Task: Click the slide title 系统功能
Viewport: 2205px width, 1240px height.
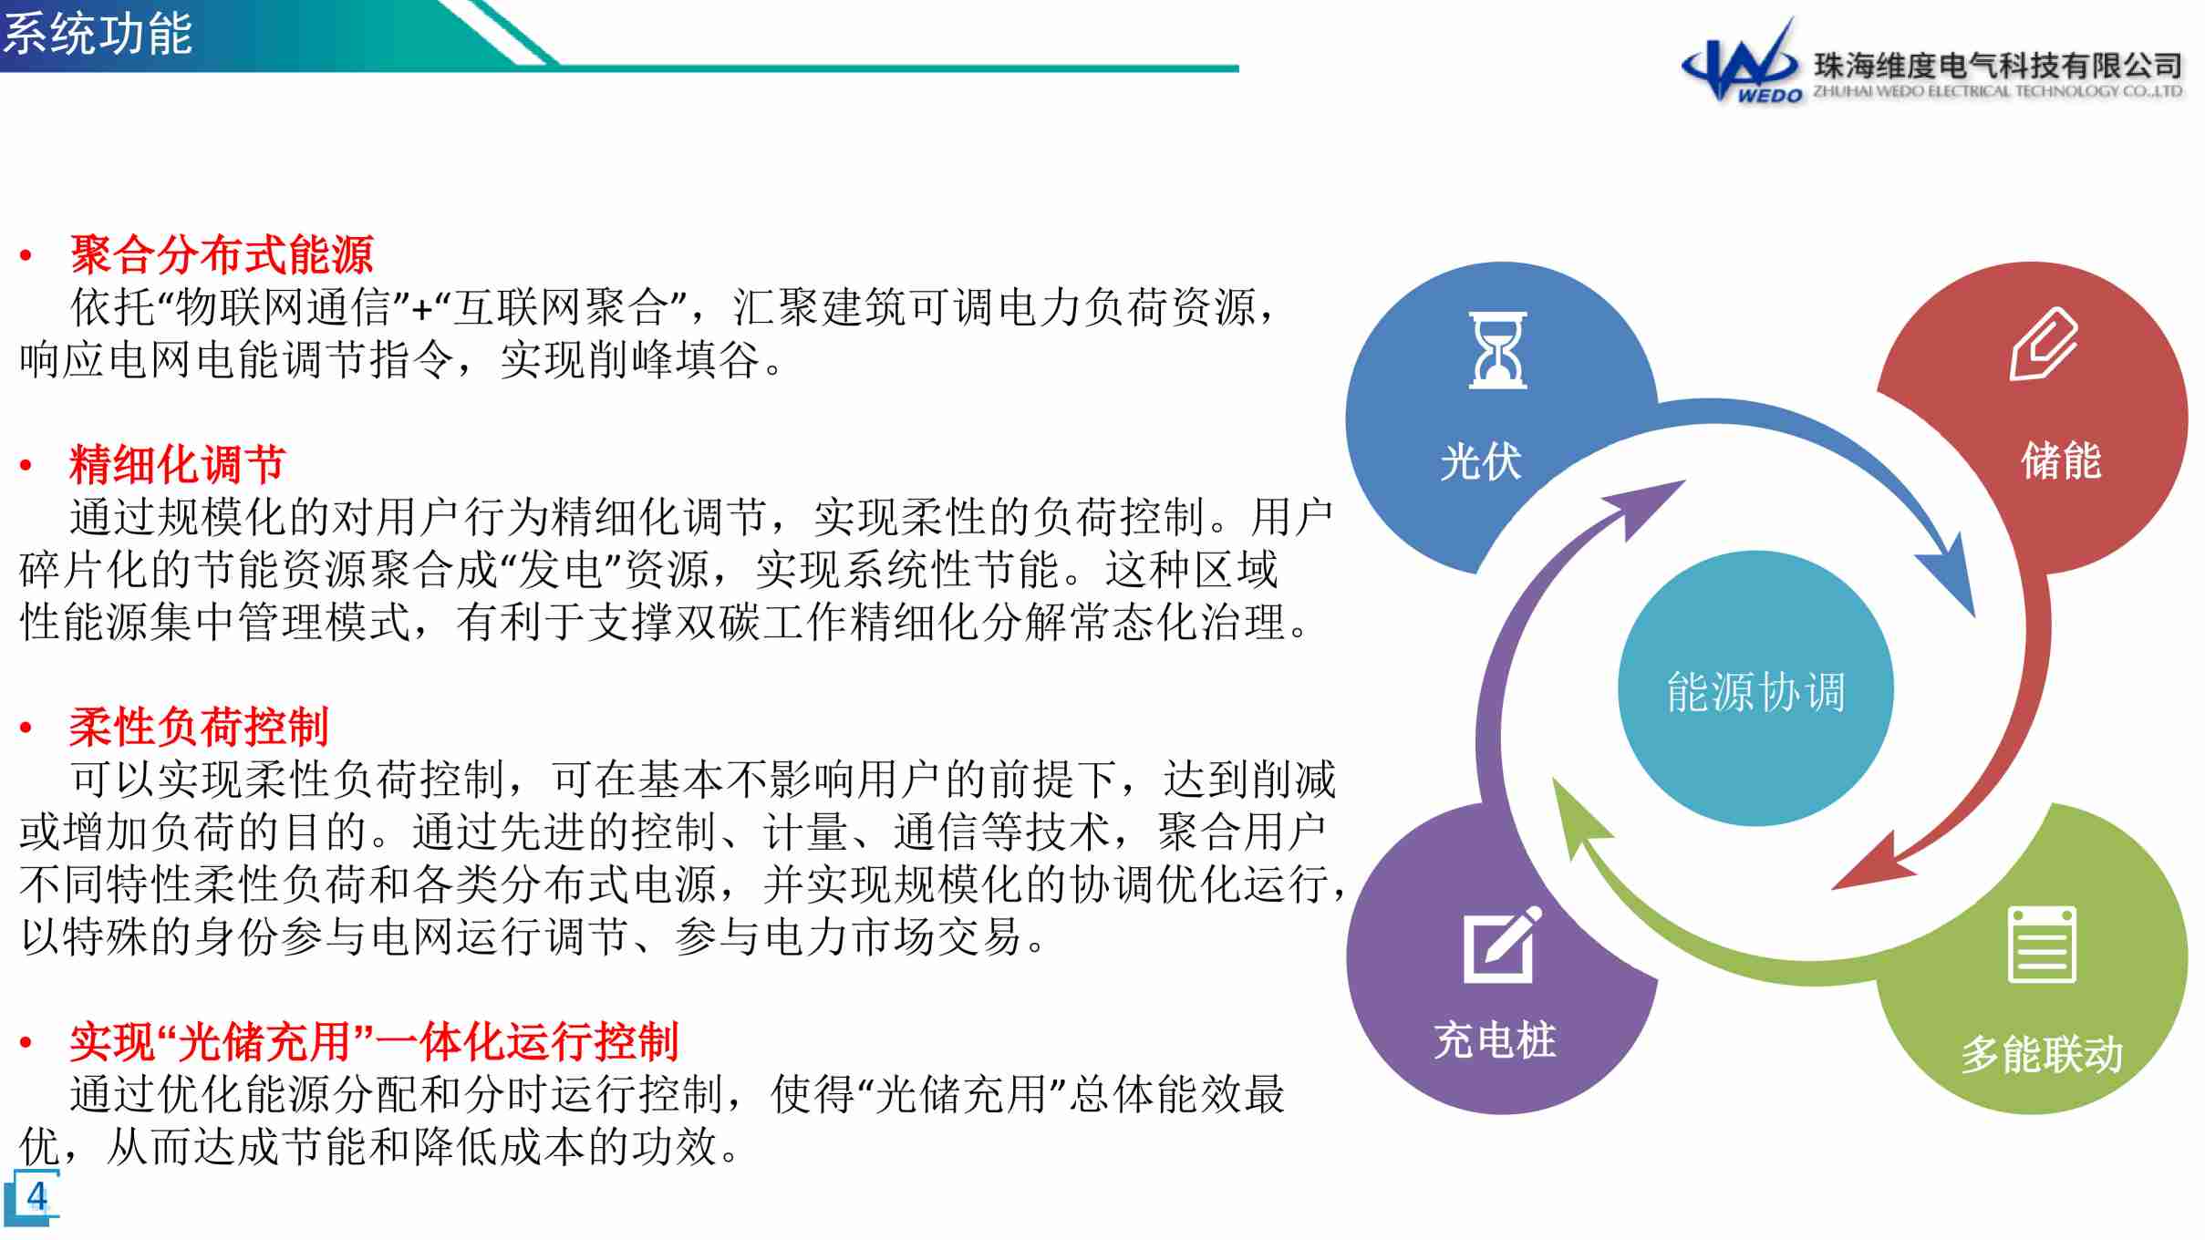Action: coord(98,34)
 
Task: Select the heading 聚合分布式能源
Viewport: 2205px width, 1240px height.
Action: coord(222,254)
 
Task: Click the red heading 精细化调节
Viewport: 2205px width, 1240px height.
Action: coord(178,464)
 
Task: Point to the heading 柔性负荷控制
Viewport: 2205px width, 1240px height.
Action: coord(199,727)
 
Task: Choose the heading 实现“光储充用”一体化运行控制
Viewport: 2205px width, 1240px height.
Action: coord(374,1041)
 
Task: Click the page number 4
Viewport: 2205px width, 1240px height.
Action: coord(36,1195)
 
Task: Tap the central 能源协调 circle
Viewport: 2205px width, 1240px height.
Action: coord(1755,689)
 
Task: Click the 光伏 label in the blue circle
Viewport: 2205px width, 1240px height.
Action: coord(1481,461)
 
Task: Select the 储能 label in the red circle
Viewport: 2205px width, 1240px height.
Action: coord(2061,460)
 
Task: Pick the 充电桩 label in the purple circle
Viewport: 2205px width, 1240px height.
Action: coord(1495,1040)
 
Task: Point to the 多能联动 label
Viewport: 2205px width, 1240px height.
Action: coord(2043,1054)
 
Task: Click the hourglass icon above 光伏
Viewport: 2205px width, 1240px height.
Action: coord(1497,350)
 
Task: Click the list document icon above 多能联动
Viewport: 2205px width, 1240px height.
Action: coord(2042,945)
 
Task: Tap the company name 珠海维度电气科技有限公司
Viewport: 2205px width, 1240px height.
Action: coord(1997,66)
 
